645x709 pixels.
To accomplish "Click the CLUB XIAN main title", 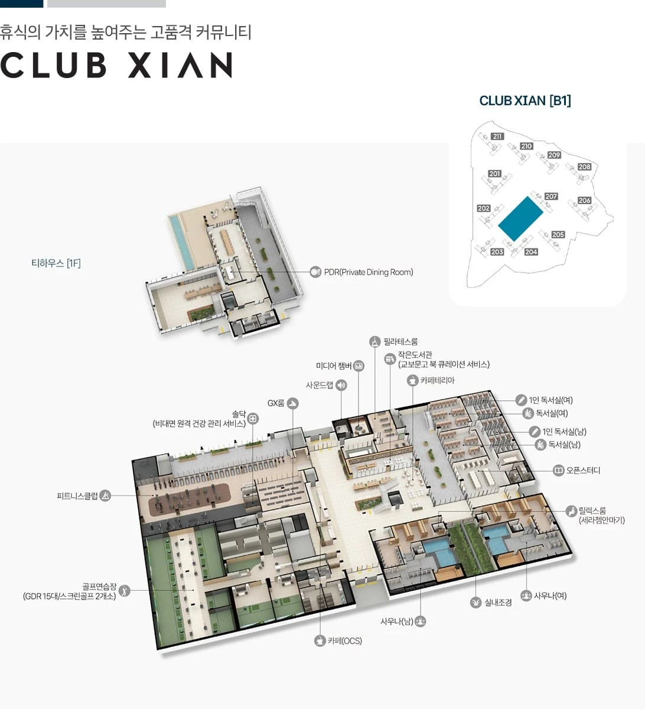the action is click(x=116, y=65).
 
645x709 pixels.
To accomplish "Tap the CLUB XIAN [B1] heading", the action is click(x=525, y=101).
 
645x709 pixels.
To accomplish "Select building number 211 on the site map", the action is click(x=497, y=136).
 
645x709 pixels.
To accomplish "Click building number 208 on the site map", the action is click(x=584, y=167).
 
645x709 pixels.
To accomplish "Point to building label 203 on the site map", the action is click(x=497, y=252).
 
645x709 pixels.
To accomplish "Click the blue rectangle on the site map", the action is click(x=520, y=218).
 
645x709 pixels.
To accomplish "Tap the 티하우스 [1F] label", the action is click(x=56, y=263).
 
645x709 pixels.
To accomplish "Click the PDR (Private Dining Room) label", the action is click(x=369, y=272).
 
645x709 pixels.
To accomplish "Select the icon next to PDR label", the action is click(x=315, y=272).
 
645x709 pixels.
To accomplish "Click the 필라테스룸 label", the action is click(x=400, y=341).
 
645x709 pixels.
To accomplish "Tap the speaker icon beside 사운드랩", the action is click(x=341, y=385).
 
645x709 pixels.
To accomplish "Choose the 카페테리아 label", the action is click(x=437, y=380).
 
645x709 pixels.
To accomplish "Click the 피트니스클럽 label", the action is click(x=77, y=496).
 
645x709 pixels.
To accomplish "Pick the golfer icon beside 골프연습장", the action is click(x=124, y=591).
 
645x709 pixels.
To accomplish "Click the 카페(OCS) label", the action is click(x=344, y=641).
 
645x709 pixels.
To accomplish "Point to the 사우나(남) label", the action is click(x=396, y=621).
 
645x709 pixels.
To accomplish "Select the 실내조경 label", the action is click(x=498, y=603).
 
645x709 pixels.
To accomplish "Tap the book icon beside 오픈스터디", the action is click(x=559, y=471).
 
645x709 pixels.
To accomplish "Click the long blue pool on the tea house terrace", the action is click(x=181, y=241).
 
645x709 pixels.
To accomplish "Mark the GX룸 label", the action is click(x=275, y=403).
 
